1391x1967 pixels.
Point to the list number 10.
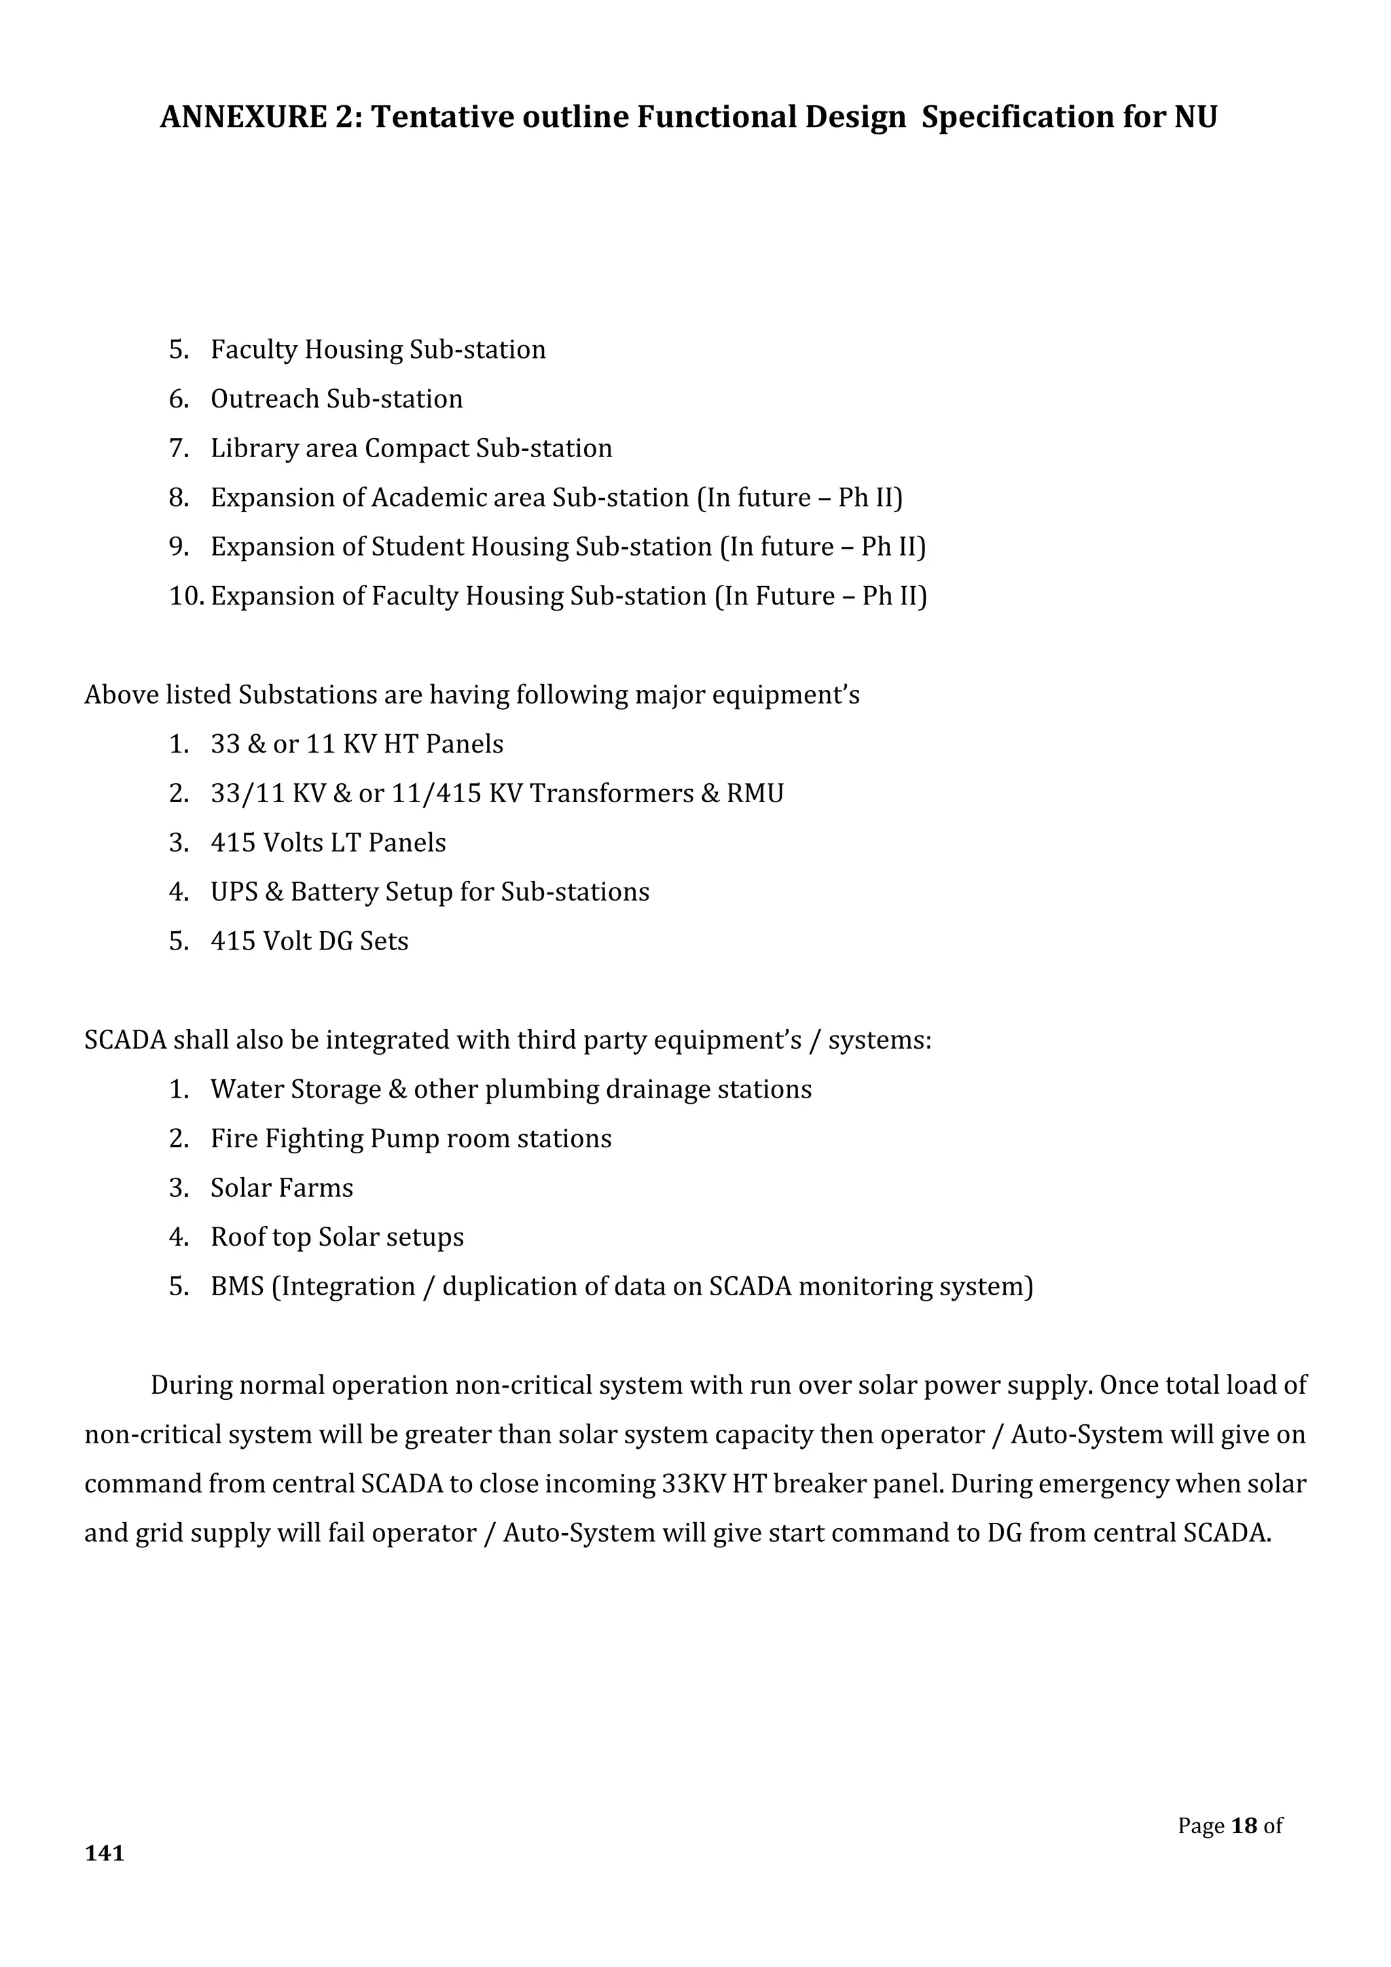tap(184, 596)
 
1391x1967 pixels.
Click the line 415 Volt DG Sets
tap(309, 941)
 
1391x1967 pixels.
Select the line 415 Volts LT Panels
tap(328, 843)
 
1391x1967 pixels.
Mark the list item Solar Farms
tap(282, 1188)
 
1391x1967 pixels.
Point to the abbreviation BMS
tap(237, 1287)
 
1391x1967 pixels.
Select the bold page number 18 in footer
tap(1244, 1826)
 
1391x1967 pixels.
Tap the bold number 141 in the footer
tap(105, 1854)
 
